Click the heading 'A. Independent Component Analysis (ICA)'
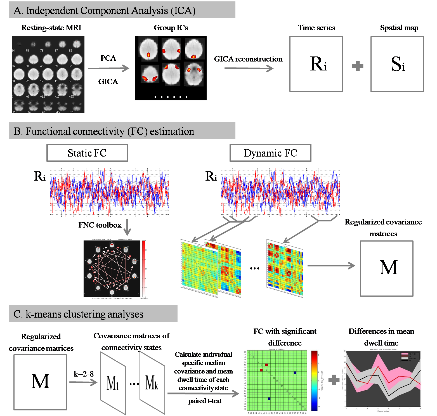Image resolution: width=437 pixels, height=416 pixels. point(105,11)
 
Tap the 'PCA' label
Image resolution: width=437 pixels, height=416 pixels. point(108,58)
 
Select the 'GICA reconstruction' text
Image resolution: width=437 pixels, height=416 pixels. point(248,59)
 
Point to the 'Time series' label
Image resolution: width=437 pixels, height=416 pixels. point(316,28)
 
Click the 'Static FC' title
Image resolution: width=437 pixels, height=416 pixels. point(87,153)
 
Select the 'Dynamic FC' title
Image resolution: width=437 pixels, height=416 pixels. point(270,153)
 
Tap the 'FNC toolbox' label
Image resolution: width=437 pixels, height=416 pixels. point(100,225)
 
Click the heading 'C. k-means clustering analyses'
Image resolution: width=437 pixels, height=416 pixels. point(79,314)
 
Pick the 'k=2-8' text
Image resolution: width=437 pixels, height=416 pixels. point(84,374)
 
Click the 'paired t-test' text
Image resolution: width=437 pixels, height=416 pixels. point(205,401)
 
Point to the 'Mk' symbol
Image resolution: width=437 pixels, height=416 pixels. point(152,383)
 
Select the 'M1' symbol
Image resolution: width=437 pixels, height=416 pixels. point(113,383)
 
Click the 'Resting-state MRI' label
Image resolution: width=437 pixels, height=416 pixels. point(51,28)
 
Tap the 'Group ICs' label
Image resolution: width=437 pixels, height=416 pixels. point(171,28)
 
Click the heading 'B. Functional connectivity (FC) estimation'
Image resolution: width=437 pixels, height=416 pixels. point(104,131)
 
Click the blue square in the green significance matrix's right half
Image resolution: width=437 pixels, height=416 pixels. point(295,373)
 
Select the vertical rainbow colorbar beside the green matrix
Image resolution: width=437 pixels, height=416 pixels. point(314,380)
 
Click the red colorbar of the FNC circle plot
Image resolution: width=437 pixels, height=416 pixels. point(144,268)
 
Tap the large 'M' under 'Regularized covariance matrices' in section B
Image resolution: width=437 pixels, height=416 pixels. point(389,268)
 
